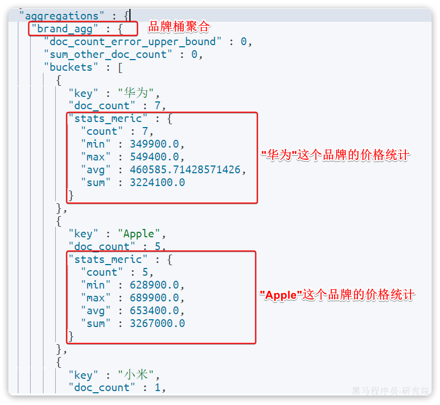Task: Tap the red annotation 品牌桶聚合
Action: click(x=179, y=26)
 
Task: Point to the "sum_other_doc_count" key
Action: click(x=108, y=55)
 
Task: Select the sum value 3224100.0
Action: click(x=157, y=183)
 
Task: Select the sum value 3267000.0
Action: click(x=157, y=324)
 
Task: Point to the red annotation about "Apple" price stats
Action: click(x=338, y=295)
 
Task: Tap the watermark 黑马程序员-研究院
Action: click(x=390, y=391)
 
